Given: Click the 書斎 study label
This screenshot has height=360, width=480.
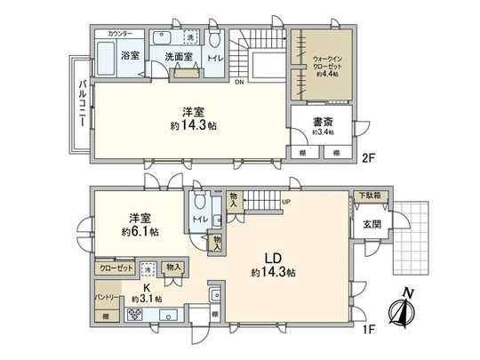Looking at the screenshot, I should [322, 122].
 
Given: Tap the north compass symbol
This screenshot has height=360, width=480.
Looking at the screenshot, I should [398, 311].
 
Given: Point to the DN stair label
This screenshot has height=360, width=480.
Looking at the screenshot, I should [239, 84].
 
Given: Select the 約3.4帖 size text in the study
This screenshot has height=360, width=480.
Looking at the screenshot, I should [321, 133].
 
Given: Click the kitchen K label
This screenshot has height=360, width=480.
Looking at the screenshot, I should [145, 289].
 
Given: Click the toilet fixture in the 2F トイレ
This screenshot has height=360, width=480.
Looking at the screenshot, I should [216, 41].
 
